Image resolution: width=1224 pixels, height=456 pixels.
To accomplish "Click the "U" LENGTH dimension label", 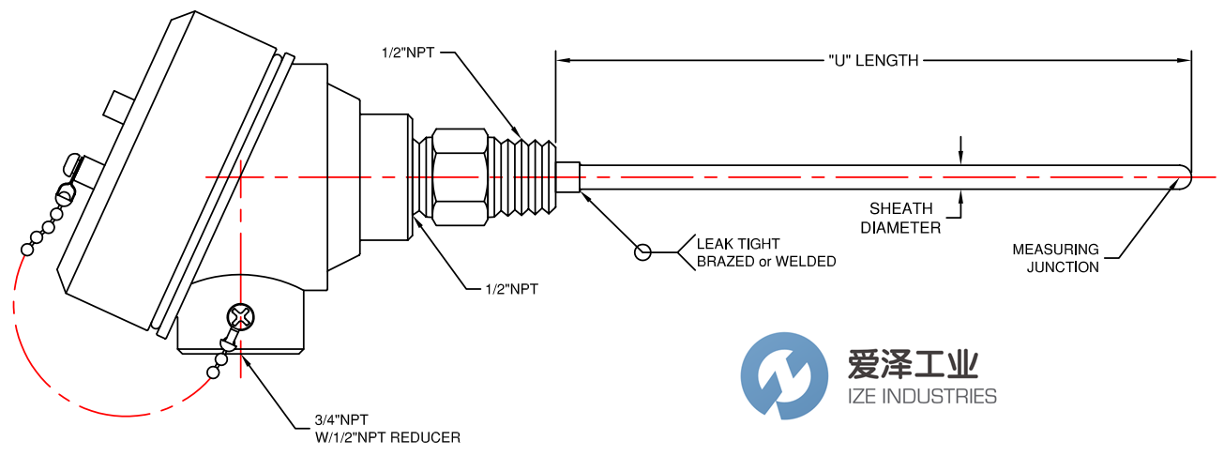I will [x=873, y=61].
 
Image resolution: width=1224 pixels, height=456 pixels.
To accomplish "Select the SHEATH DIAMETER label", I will [x=900, y=218].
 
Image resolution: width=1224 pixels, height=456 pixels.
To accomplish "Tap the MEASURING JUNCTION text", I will [x=1055, y=258].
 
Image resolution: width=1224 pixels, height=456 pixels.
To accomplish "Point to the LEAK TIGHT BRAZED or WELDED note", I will [x=765, y=252].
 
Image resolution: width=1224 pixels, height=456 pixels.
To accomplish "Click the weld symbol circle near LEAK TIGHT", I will [x=642, y=251].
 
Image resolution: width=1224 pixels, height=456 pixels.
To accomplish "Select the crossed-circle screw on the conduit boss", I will [x=240, y=317].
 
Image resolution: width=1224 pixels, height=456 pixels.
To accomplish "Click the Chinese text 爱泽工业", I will [x=912, y=364].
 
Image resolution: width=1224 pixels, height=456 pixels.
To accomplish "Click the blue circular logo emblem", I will [x=784, y=374].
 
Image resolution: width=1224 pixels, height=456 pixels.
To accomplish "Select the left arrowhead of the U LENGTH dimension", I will [x=564, y=61].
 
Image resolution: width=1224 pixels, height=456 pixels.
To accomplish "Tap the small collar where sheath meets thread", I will [x=568, y=178].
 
